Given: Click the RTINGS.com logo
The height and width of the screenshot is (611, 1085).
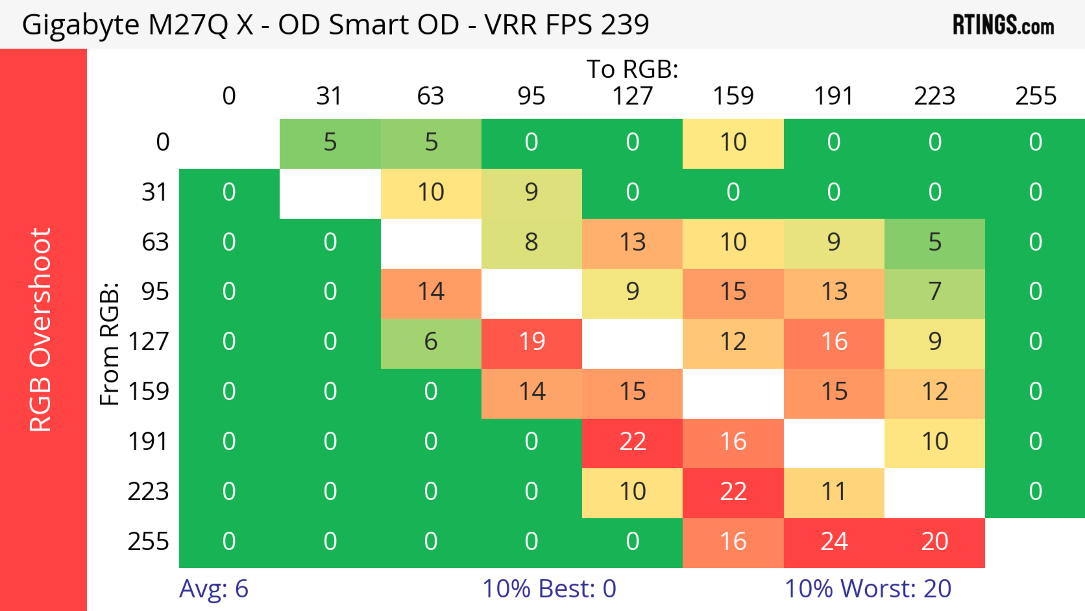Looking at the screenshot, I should (x=1003, y=25).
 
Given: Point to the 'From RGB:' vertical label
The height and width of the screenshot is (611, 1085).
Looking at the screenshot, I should (x=110, y=344).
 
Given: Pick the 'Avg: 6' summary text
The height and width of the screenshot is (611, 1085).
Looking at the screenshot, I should (x=214, y=589).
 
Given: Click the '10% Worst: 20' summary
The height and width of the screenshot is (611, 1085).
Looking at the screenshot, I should (x=868, y=589).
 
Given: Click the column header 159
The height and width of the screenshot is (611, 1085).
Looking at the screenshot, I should (x=733, y=96).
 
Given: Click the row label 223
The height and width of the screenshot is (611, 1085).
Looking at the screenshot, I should (x=148, y=492).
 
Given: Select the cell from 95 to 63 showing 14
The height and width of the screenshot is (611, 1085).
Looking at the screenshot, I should (x=431, y=292).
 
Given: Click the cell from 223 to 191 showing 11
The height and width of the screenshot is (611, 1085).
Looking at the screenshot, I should (x=834, y=492).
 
